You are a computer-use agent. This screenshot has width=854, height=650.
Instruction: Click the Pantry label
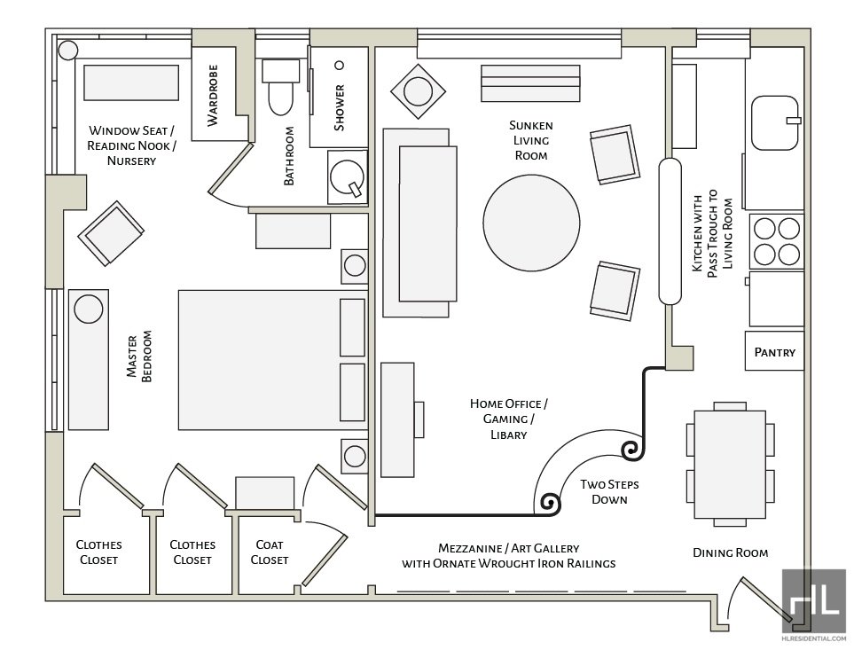pyautogui.click(x=774, y=352)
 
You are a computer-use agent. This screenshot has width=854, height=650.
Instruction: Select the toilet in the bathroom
pyautogui.click(x=280, y=88)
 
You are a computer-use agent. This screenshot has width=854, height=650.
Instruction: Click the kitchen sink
pyautogui.click(x=774, y=122)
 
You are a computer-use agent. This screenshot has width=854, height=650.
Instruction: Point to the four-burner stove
pyautogui.click(x=777, y=241)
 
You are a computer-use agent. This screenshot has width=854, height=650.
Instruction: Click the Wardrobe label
pyautogui.click(x=213, y=95)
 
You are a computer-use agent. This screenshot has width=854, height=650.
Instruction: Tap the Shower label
pyautogui.click(x=339, y=107)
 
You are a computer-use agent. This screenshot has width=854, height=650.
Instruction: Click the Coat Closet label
pyautogui.click(x=269, y=552)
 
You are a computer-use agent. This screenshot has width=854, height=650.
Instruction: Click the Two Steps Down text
pyautogui.click(x=609, y=492)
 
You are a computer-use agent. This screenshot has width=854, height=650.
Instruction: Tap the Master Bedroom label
pyautogui.click(x=139, y=357)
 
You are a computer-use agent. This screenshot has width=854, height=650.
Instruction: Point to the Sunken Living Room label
pyautogui.click(x=531, y=140)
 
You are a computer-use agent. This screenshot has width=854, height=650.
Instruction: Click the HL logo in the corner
pyautogui.click(x=813, y=600)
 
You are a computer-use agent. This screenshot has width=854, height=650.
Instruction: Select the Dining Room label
pyautogui.click(x=730, y=552)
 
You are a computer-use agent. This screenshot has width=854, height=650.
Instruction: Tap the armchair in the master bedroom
pyautogui.click(x=112, y=233)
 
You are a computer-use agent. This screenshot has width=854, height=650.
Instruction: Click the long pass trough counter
pyautogui.click(x=669, y=232)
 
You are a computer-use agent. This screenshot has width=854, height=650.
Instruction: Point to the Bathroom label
pyautogui.click(x=289, y=156)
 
